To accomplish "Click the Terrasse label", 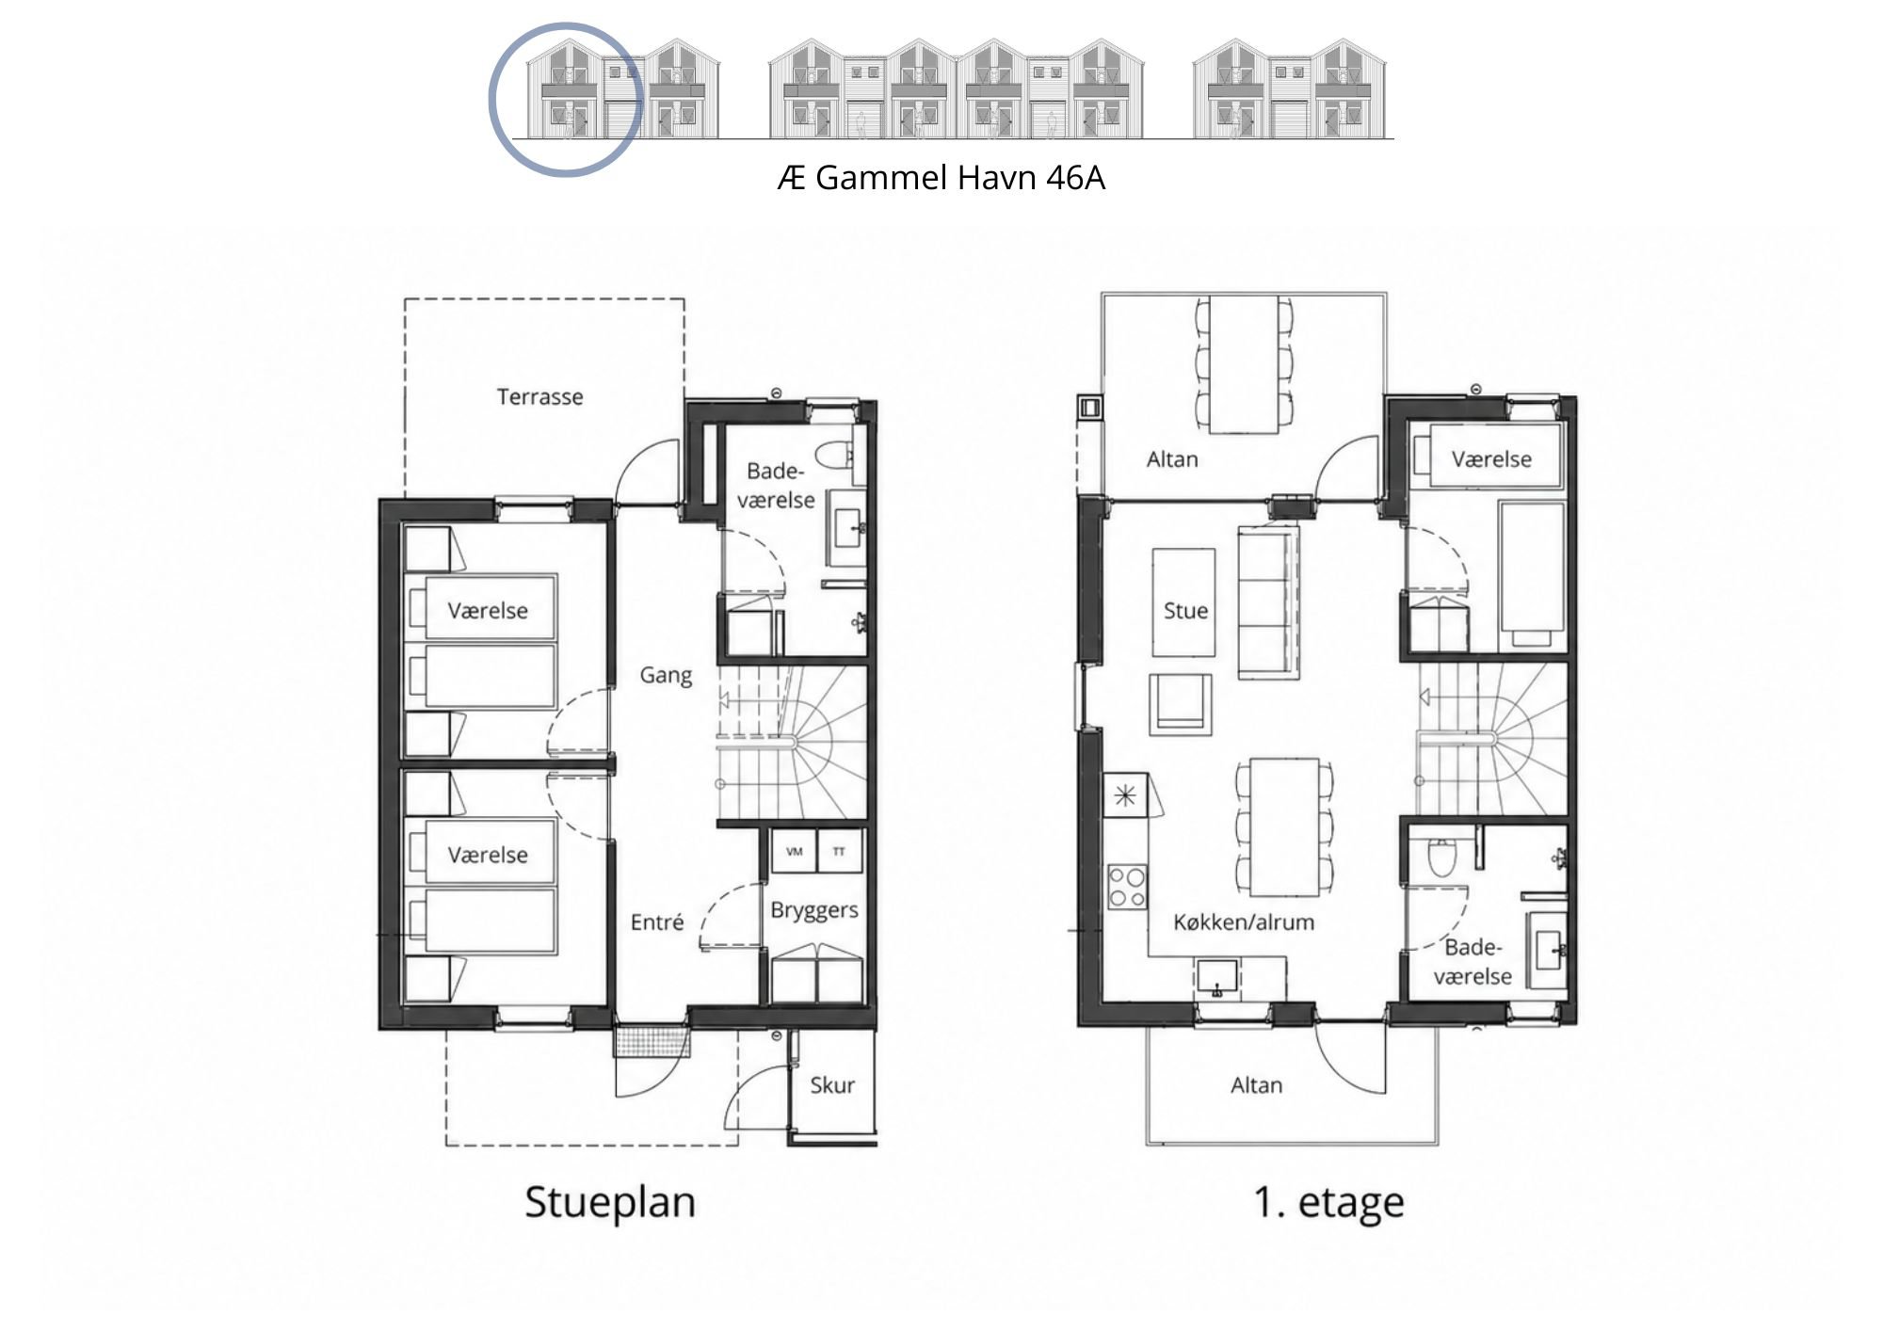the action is (539, 397).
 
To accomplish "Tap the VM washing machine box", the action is (794, 852).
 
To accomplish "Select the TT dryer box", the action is (839, 852).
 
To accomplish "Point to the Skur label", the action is (832, 1085).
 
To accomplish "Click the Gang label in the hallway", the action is (666, 676).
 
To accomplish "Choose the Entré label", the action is (656, 922).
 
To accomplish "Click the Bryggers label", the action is (814, 911).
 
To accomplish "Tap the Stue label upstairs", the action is (1185, 611).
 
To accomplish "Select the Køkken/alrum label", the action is (1244, 922).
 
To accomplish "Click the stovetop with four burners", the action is (1127, 887).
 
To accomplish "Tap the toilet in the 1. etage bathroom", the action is (1441, 858).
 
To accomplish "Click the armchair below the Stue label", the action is (1180, 704).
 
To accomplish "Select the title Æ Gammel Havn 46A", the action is (941, 178).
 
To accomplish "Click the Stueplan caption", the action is (610, 1203).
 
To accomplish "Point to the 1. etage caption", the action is (1328, 1203).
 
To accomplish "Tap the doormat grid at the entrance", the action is (652, 1041).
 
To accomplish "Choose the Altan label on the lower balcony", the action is (1256, 1085).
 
